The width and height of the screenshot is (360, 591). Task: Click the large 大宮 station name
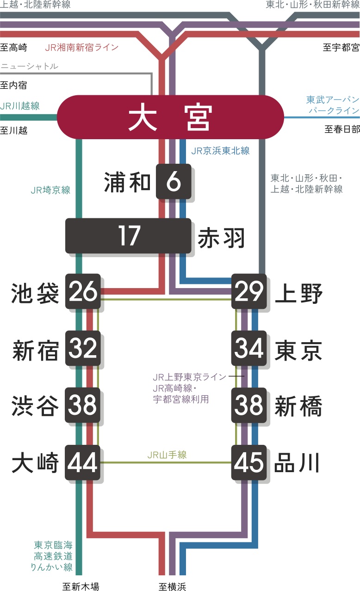click(170, 117)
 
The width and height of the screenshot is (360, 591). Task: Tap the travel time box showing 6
click(174, 181)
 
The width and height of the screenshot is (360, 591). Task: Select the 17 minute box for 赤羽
click(128, 236)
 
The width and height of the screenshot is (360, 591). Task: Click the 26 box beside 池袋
click(83, 292)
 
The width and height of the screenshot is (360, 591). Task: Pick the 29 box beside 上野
click(249, 292)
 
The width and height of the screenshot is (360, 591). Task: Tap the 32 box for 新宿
click(83, 349)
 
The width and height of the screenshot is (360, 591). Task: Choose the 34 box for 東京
click(249, 349)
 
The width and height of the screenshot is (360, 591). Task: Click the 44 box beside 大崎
click(83, 462)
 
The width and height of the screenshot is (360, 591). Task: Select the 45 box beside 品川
click(249, 462)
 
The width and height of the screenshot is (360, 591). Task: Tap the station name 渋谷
click(36, 406)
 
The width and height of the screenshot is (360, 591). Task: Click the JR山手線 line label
click(167, 455)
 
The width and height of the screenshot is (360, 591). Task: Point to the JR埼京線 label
click(50, 190)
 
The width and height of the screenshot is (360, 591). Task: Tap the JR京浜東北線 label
click(220, 151)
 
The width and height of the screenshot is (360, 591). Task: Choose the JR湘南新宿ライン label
click(82, 48)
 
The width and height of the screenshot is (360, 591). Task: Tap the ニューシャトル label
click(30, 66)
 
